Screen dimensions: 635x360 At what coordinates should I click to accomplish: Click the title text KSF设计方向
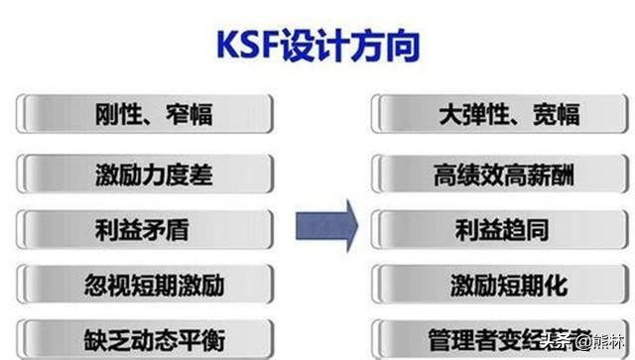pos(317,45)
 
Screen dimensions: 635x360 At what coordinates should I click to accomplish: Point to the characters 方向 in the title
pos(386,45)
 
